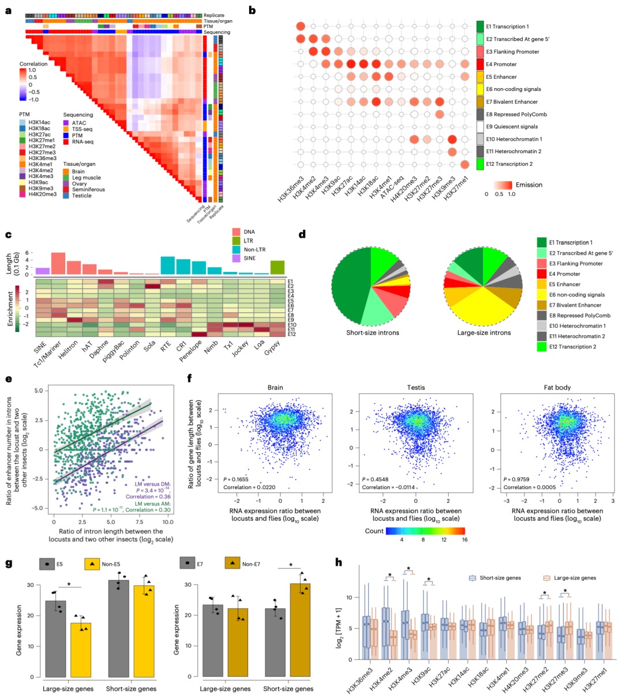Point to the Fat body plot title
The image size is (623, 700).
[558, 387]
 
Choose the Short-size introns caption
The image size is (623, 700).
[373, 332]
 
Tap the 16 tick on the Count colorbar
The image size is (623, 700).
[464, 539]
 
